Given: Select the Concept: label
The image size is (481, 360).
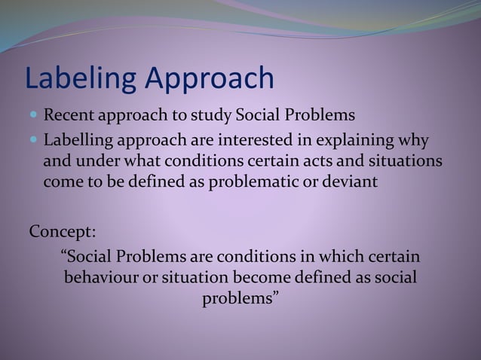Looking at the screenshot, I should [x=63, y=230].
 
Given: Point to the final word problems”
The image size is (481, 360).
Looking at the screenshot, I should [x=240, y=299].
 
